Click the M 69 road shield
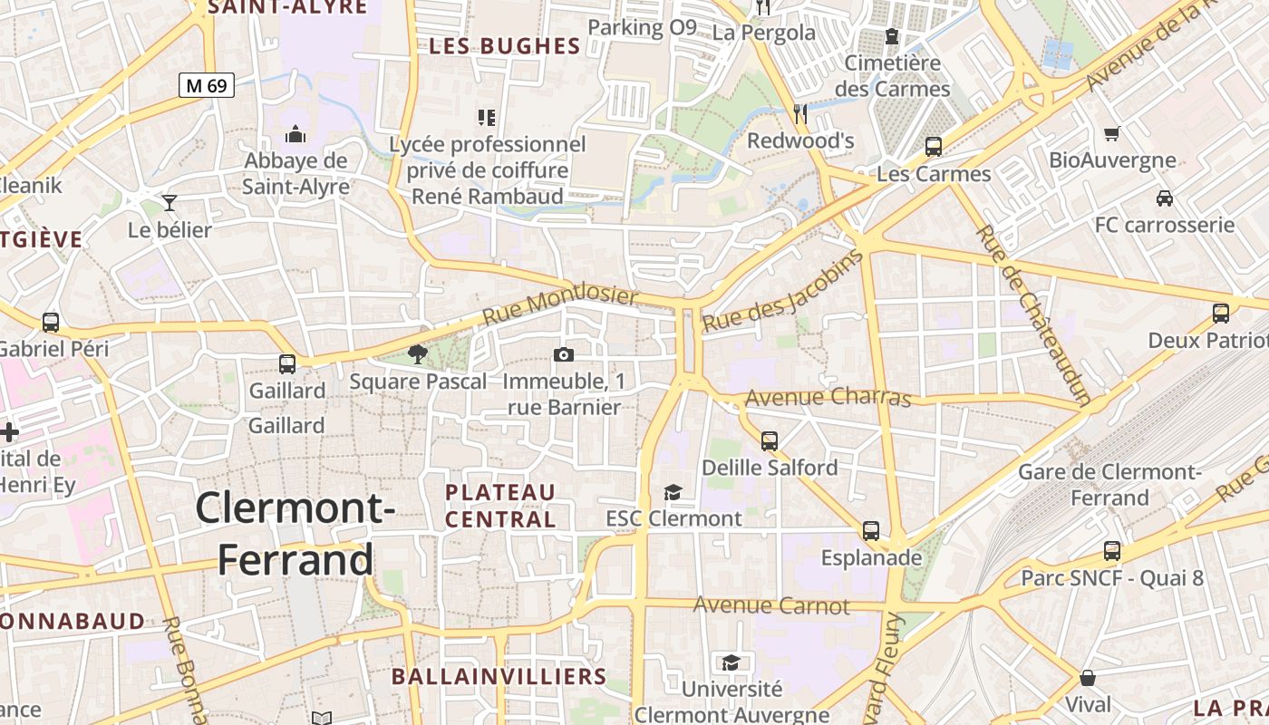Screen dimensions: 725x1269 click(x=207, y=86)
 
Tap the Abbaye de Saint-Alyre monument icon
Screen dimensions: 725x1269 click(x=295, y=135)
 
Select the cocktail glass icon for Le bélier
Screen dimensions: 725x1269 click(x=170, y=201)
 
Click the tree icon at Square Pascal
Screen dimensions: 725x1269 click(x=418, y=353)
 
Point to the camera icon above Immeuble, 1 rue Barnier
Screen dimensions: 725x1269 click(x=564, y=354)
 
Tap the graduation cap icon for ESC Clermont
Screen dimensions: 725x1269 click(x=673, y=492)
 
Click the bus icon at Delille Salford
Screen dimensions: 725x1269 click(x=770, y=441)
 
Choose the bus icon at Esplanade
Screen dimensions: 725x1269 click(x=871, y=531)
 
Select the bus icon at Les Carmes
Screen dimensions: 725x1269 click(x=934, y=146)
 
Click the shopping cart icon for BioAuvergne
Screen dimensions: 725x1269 click(x=1112, y=133)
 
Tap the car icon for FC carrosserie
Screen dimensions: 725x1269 click(x=1165, y=198)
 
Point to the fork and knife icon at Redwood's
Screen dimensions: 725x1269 click(x=800, y=113)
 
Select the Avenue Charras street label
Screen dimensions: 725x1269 click(x=828, y=397)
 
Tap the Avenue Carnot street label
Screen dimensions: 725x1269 click(x=771, y=605)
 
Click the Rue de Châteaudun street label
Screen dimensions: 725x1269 click(x=1032, y=314)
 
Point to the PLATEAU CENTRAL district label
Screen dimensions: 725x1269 click(x=500, y=506)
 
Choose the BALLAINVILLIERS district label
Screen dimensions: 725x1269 click(x=499, y=676)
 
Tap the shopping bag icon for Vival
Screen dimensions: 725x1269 click(x=1088, y=678)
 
